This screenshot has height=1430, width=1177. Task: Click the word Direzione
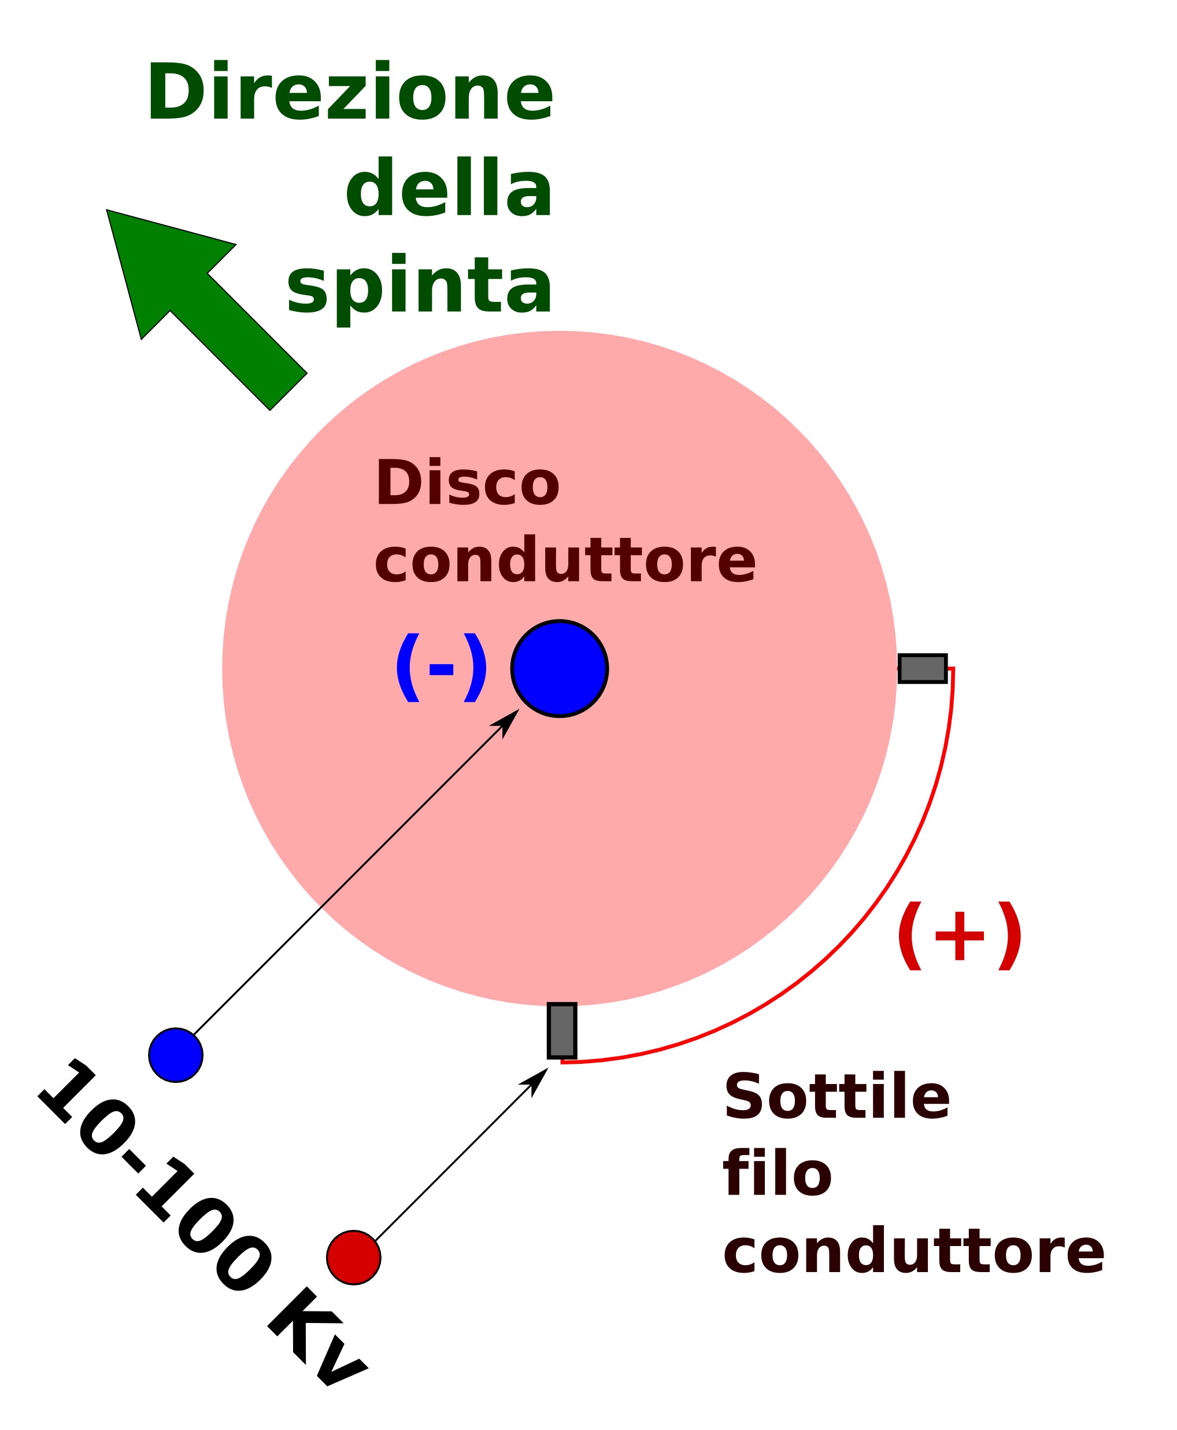click(x=350, y=91)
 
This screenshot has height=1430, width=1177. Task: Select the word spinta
click(x=420, y=288)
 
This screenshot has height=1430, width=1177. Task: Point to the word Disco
click(x=467, y=483)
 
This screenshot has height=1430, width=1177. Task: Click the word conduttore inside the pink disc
click(x=565, y=561)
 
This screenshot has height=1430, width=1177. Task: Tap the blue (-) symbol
click(x=441, y=668)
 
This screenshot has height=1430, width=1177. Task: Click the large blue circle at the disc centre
click(x=560, y=668)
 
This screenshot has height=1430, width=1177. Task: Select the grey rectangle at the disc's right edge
click(x=922, y=668)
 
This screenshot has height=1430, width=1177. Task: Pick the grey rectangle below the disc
click(x=562, y=1030)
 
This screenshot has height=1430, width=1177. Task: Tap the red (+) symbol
click(x=958, y=935)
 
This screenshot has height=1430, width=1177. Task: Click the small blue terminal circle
click(x=176, y=1055)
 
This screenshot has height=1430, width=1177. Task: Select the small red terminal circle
click(x=353, y=1257)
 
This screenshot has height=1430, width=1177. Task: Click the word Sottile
click(x=837, y=1097)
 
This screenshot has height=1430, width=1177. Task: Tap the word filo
click(x=777, y=1174)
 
